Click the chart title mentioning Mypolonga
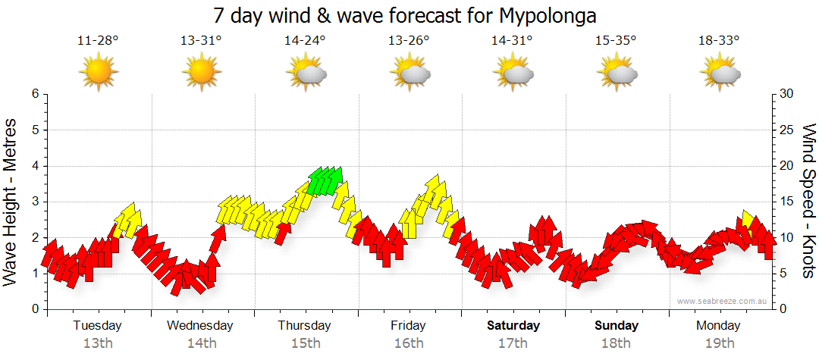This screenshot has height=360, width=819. point(409,15)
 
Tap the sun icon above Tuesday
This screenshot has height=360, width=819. point(99,73)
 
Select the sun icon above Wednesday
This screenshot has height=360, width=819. point(201,73)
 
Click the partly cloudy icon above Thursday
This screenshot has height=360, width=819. point(306,74)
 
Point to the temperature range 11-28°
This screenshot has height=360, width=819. point(98,41)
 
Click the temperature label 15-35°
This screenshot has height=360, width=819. point(616,41)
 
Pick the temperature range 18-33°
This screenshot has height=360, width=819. point(719,41)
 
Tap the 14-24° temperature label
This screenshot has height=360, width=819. point(305,41)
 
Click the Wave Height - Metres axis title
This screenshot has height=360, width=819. point(11,202)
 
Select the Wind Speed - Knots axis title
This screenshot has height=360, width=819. point(808,202)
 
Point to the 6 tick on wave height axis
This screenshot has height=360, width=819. point(35,94)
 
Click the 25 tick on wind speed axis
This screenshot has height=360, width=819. point(787,130)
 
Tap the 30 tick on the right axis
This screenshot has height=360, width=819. point(787,94)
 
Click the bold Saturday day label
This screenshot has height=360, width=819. point(513,326)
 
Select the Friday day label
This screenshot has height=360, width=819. point(408,326)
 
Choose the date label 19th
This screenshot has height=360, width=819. point(720,343)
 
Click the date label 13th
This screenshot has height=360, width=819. point(98,343)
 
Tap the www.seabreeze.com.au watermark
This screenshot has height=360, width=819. point(723,301)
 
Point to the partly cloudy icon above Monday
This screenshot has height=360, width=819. point(720,74)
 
